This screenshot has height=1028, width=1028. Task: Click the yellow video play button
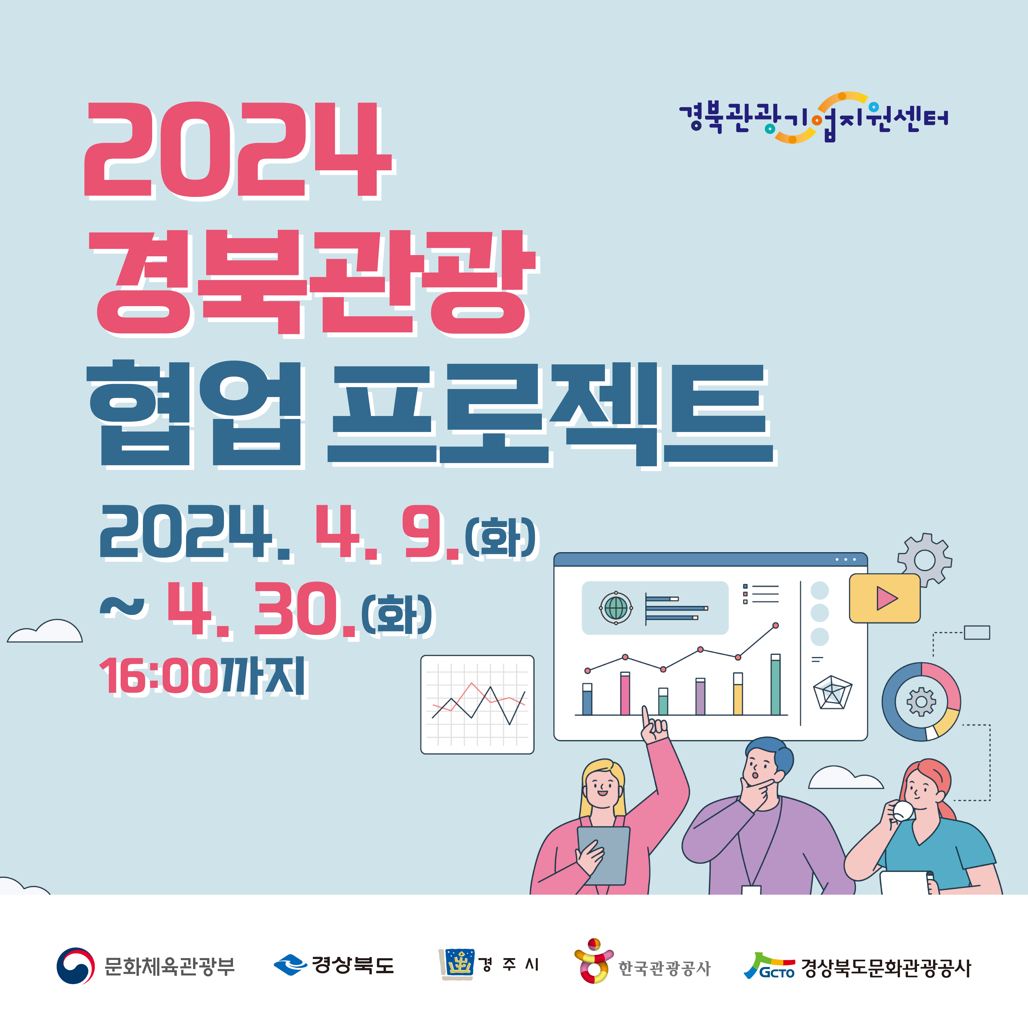(x=884, y=598)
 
